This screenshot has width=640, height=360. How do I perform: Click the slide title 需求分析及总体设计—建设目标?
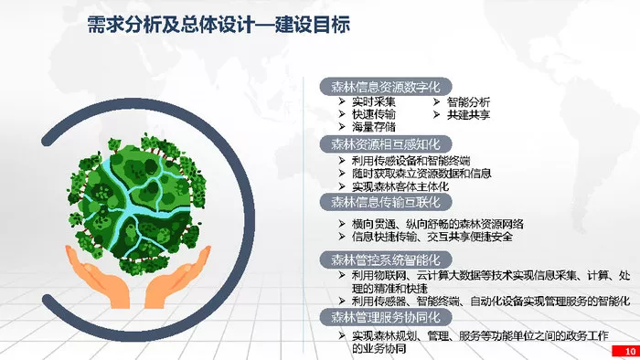click(219, 24)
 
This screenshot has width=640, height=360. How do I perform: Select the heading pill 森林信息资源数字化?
click(385, 87)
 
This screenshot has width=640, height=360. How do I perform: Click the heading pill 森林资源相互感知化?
click(385, 144)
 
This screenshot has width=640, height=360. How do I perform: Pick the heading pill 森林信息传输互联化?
click(385, 202)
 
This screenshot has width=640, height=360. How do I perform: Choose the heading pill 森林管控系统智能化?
click(385, 259)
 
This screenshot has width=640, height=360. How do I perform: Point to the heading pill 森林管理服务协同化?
click(385, 317)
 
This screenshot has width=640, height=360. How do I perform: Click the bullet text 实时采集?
click(373, 101)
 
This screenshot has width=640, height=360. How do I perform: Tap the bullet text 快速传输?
click(373, 114)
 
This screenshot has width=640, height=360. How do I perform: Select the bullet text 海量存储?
click(373, 127)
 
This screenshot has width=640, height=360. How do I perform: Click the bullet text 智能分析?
click(468, 102)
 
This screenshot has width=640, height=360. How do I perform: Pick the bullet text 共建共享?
click(468, 115)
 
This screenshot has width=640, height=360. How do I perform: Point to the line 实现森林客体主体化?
click(400, 186)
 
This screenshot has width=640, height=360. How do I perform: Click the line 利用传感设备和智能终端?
click(411, 160)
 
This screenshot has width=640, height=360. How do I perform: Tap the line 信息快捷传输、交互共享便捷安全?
click(432, 237)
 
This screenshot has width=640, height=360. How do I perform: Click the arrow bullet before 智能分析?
click(436, 102)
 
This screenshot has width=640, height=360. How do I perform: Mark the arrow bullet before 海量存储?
click(342, 127)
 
